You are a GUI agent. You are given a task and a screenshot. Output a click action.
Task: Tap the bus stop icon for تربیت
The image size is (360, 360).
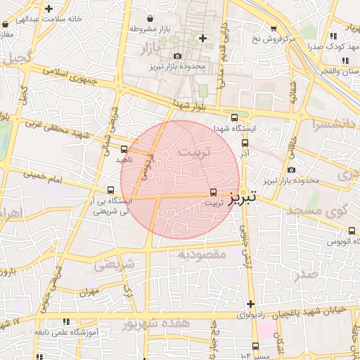[214, 191]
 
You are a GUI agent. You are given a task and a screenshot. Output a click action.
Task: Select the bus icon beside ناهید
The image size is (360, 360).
[124, 148]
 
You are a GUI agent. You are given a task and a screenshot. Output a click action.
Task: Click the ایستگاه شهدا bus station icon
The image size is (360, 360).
[234, 118]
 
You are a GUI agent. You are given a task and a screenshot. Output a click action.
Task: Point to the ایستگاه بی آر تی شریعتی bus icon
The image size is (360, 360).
[110, 190]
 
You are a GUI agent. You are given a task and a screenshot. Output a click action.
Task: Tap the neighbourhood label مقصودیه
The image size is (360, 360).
[201, 252]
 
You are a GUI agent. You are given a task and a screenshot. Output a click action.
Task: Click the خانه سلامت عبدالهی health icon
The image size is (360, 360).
[49, 10]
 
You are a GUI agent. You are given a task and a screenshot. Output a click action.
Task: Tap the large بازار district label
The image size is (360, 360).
[158, 49]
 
